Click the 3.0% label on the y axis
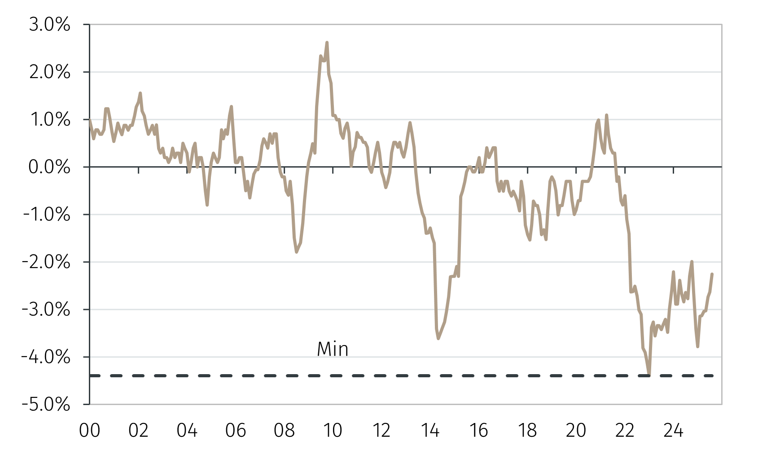click(49, 25)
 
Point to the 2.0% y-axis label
click(49, 72)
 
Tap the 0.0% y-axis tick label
click(49, 167)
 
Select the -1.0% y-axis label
click(47, 215)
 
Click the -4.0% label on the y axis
click(47, 357)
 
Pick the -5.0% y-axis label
click(47, 405)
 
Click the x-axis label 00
click(90, 431)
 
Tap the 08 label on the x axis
click(284, 431)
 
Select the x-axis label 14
click(430, 431)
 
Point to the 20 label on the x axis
click(576, 431)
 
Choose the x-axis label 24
click(673, 431)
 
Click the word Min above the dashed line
click(333, 349)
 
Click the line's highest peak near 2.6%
click(327, 43)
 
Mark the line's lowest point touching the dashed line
click(649, 374)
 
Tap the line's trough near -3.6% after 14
click(438, 338)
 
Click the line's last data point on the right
click(712, 274)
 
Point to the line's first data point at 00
click(90, 120)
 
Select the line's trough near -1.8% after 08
click(297, 252)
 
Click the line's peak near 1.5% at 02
click(140, 93)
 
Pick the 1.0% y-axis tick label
click(49, 120)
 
